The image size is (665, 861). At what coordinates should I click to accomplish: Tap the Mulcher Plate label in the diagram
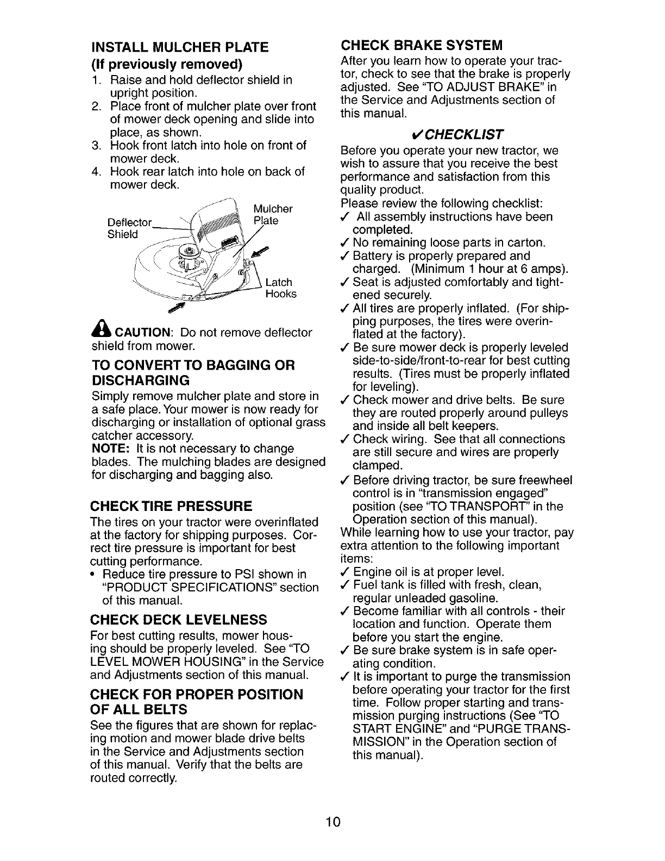click(273, 215)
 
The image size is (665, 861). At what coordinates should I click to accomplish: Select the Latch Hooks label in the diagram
click(281, 288)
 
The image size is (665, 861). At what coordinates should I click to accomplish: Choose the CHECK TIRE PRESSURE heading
click(171, 507)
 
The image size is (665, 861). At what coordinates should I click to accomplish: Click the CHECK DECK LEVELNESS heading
click(179, 620)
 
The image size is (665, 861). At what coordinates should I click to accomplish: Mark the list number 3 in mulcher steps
click(96, 146)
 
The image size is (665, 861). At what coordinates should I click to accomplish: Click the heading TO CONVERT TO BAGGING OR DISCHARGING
click(193, 372)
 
